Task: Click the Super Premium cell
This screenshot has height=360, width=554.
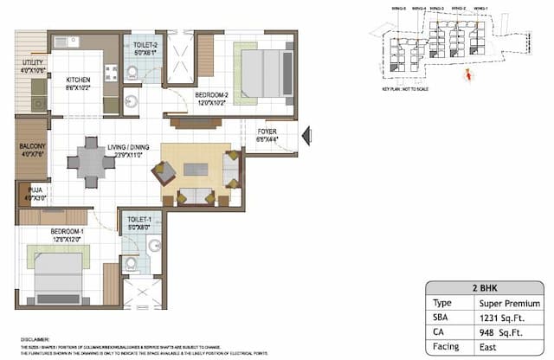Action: click(509, 304)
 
